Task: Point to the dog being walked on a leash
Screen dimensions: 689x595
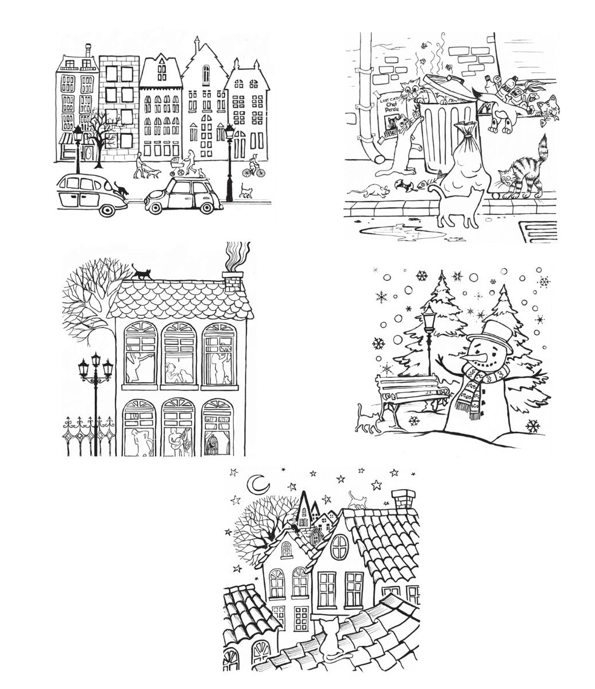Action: click(x=150, y=172)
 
